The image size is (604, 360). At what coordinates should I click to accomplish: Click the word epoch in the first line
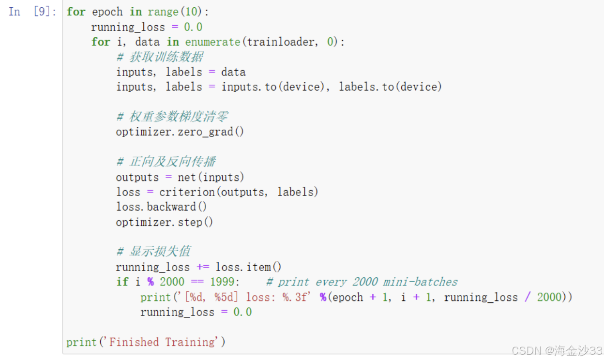107,12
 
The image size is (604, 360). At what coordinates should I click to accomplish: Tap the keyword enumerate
212,42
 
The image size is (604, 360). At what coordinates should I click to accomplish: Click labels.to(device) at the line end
390,87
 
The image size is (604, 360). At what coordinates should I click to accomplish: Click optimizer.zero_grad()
180,132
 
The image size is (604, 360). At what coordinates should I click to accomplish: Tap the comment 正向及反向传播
172,162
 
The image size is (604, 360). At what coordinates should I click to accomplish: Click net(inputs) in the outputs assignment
211,177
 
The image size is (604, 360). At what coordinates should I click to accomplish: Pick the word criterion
187,192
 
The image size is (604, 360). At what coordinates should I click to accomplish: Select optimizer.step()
164,222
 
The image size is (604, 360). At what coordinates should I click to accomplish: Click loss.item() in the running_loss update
248,267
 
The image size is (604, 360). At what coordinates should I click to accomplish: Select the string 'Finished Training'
162,342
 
